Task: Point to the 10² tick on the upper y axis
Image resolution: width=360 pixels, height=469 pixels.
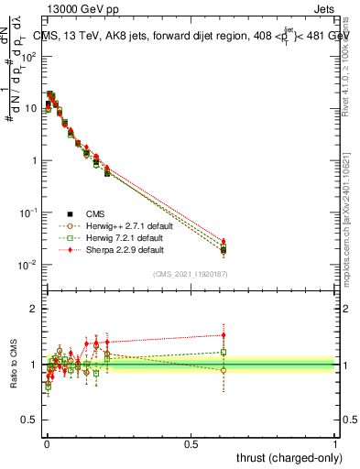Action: (x=29, y=56)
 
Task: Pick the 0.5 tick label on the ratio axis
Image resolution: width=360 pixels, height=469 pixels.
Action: (x=31, y=421)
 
